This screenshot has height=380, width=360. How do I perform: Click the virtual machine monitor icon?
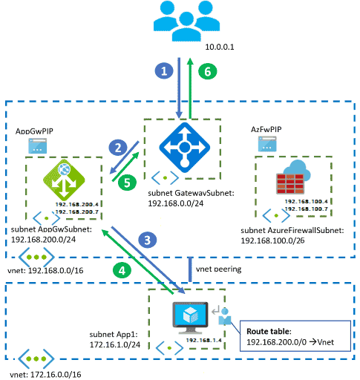[x=186, y=315]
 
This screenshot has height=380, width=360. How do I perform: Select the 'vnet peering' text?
[x=222, y=266]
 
